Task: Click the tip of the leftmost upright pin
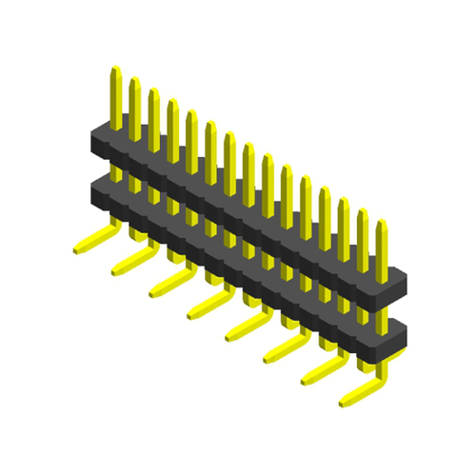115,69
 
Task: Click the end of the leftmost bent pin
80,249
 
